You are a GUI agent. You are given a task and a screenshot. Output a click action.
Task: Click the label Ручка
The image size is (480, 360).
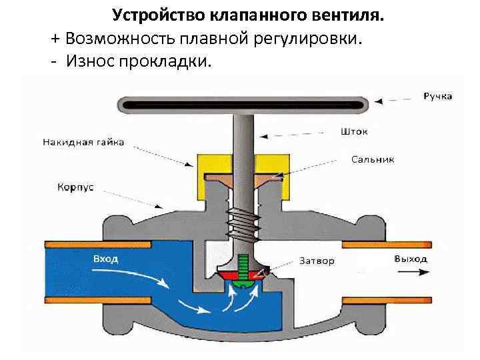pos(437,96)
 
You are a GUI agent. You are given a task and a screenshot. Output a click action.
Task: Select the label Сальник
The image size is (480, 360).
pos(373,160)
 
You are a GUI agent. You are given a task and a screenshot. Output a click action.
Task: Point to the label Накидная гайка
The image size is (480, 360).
pos(83,142)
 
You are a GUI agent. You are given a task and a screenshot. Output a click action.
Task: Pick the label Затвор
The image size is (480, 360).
pos(317,261)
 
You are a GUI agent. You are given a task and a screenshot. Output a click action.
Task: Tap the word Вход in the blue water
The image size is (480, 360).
pos(105,259)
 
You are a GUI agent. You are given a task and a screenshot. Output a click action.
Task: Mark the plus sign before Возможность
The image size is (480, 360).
pos(55,38)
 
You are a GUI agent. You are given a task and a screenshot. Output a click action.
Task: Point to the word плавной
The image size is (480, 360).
pos(217,38)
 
